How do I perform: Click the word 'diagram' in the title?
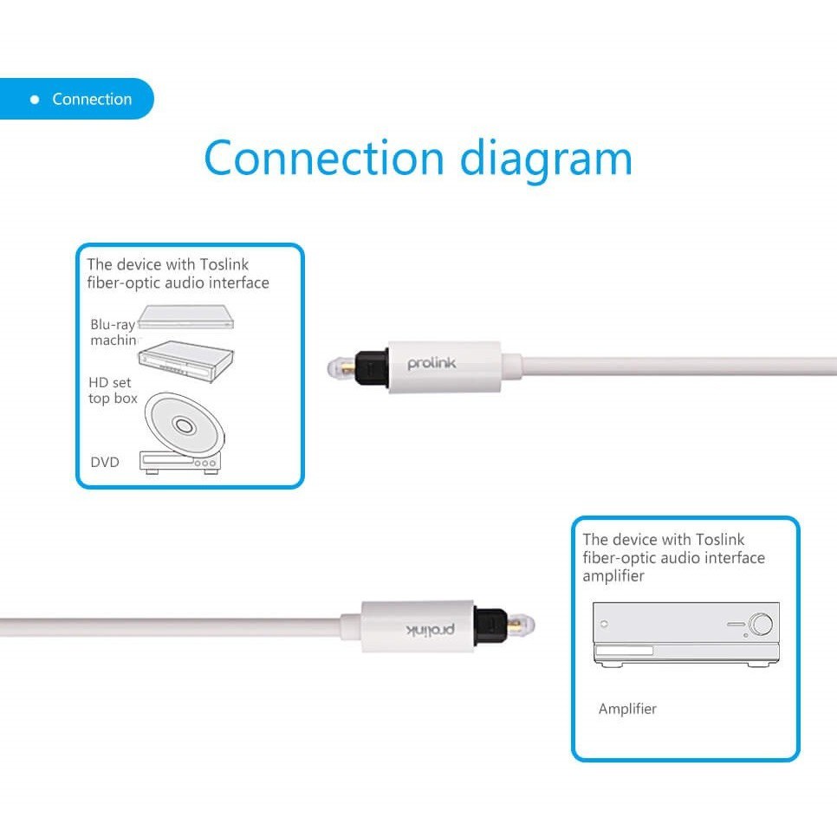[x=546, y=159]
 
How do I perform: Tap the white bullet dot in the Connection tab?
[x=35, y=100]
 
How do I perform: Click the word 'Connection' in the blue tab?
[x=92, y=99]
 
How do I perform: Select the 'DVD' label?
[x=105, y=462]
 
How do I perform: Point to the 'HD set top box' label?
[x=113, y=390]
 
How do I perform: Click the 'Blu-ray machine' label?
[x=114, y=332]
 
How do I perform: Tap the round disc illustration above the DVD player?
[x=185, y=425]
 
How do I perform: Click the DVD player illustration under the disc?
[x=180, y=463]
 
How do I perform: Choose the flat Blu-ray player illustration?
[x=185, y=317]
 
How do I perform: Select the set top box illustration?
[x=185, y=360]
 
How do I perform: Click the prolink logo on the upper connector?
[x=431, y=364]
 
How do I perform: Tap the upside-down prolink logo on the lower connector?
[x=431, y=630]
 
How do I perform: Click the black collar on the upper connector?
[x=372, y=367]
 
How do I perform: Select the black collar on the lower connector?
[x=490, y=626]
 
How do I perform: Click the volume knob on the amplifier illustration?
[x=761, y=624]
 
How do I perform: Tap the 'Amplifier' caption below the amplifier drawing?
[x=627, y=709]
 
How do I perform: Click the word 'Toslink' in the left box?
[x=224, y=264]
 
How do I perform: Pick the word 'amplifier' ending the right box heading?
[x=613, y=576]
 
